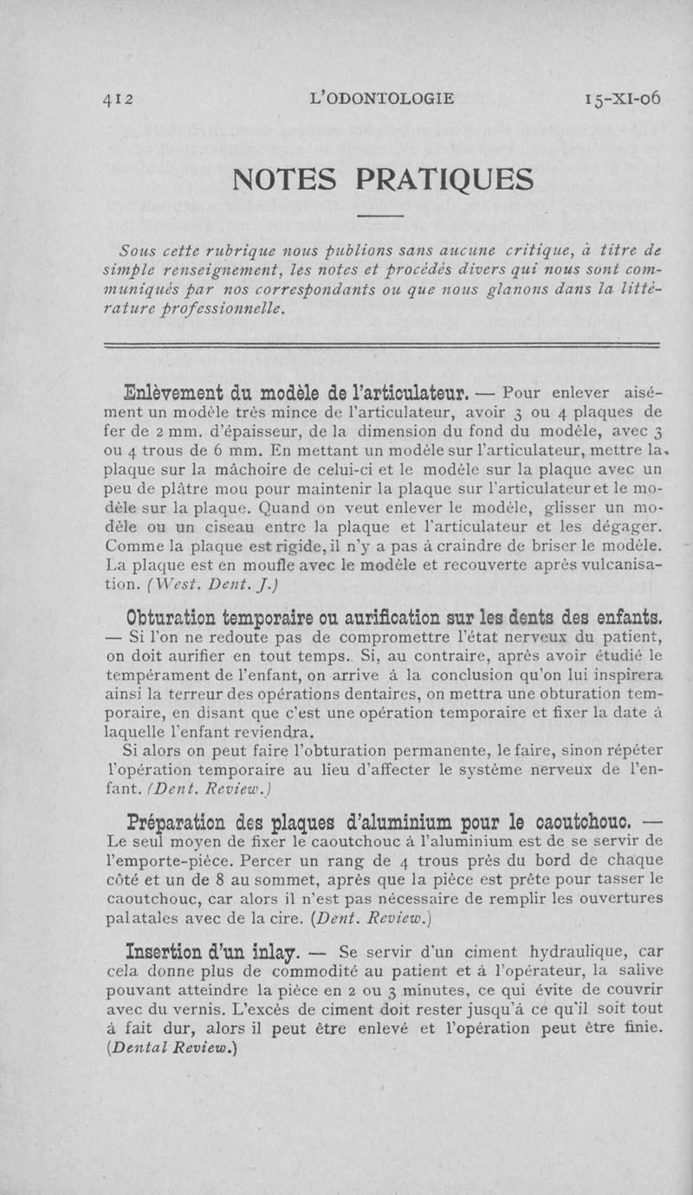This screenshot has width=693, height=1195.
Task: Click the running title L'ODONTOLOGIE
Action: (382, 99)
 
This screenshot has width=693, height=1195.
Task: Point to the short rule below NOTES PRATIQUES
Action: (380, 215)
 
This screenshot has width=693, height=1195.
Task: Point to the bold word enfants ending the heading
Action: (623, 618)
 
